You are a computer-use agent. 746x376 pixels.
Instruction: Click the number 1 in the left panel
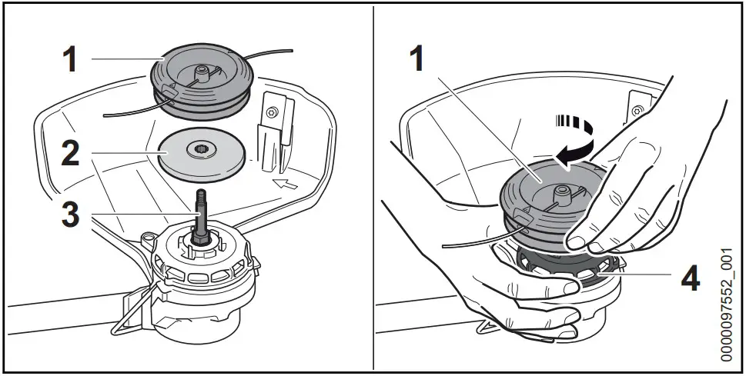(69, 58)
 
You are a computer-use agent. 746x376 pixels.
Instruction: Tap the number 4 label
(688, 277)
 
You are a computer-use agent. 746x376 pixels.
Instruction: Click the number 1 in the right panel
(417, 58)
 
